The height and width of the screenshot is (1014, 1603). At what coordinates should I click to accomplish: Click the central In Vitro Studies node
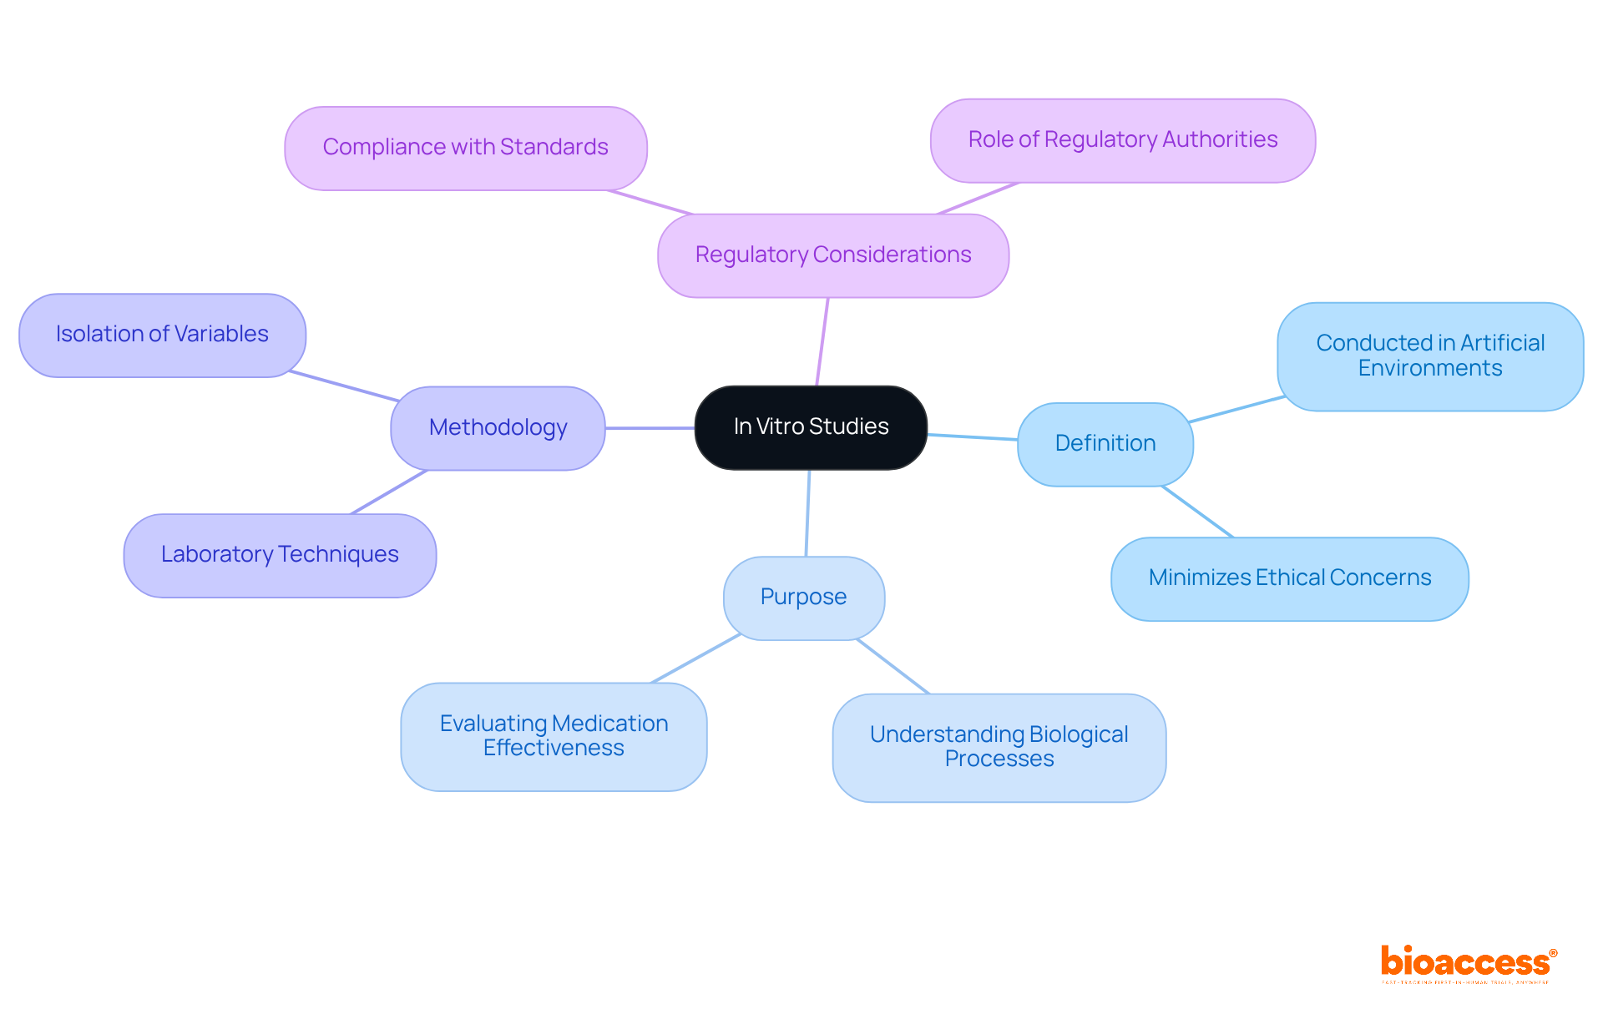pos(811,427)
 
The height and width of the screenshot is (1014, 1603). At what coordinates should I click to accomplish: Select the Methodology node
pos(498,428)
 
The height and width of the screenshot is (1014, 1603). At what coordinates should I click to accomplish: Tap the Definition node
pos(1105,444)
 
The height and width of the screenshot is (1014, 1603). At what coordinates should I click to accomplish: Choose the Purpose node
pos(803,598)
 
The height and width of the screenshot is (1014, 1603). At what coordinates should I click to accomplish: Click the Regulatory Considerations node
pos(832,255)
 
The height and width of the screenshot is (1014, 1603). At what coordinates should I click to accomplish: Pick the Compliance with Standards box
pos(465,148)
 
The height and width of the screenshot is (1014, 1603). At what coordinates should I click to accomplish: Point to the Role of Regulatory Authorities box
pos(1122,140)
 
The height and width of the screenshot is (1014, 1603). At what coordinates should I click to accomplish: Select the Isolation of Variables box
pos(162,335)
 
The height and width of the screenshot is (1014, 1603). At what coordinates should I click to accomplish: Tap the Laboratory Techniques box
pos(280,555)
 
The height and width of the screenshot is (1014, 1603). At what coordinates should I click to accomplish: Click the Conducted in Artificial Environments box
pos(1429,356)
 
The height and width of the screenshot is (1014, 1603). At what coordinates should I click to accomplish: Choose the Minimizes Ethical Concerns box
pos(1289,578)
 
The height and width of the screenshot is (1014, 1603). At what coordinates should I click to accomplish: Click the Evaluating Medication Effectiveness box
pos(554,736)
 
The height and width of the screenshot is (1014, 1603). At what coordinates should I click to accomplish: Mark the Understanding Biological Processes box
pos(999,747)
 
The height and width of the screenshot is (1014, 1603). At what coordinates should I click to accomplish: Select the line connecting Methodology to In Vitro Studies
pos(650,428)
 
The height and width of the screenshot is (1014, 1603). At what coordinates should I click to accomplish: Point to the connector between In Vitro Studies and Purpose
pos(807,513)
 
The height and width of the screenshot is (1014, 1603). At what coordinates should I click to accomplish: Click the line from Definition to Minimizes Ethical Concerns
pos(1197,512)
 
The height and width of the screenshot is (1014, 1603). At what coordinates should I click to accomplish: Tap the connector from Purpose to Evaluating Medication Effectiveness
pos(695,658)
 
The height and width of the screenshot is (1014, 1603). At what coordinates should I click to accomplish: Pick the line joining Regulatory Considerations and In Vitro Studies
pos(822,342)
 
